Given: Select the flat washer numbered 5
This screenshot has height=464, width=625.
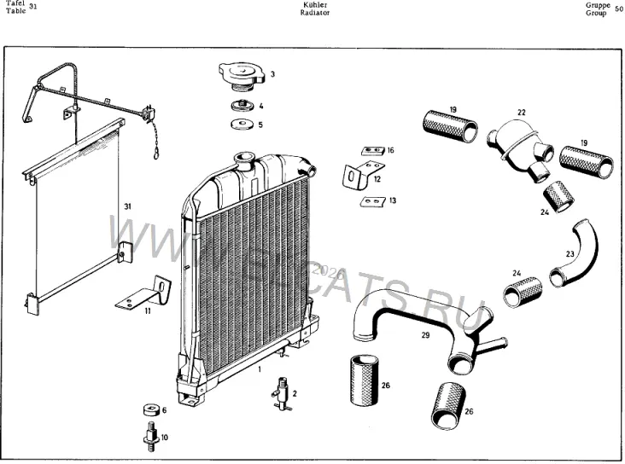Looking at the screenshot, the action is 242,125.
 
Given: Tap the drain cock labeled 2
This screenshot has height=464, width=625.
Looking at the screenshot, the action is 283,394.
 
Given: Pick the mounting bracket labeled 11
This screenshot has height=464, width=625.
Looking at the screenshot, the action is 144,292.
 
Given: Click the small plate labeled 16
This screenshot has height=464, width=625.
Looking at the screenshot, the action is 372,151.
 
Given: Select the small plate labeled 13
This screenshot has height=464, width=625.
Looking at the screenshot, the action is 373,202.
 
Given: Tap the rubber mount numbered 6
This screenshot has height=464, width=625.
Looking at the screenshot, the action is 152,409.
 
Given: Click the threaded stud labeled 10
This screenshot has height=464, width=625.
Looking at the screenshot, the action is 151,437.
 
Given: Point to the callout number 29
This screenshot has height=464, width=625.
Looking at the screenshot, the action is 426,335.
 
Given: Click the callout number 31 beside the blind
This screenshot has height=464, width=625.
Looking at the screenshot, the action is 127,206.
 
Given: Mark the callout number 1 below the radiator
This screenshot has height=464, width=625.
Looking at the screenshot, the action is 260,369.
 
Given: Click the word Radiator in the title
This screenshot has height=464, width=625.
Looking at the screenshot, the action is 315,13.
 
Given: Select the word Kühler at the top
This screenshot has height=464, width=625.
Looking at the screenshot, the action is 315,5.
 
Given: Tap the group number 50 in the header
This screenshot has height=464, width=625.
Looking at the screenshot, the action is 619,9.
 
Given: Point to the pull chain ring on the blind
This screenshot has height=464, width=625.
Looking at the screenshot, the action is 156,153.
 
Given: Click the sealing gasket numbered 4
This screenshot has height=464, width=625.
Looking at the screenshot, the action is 242,106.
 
